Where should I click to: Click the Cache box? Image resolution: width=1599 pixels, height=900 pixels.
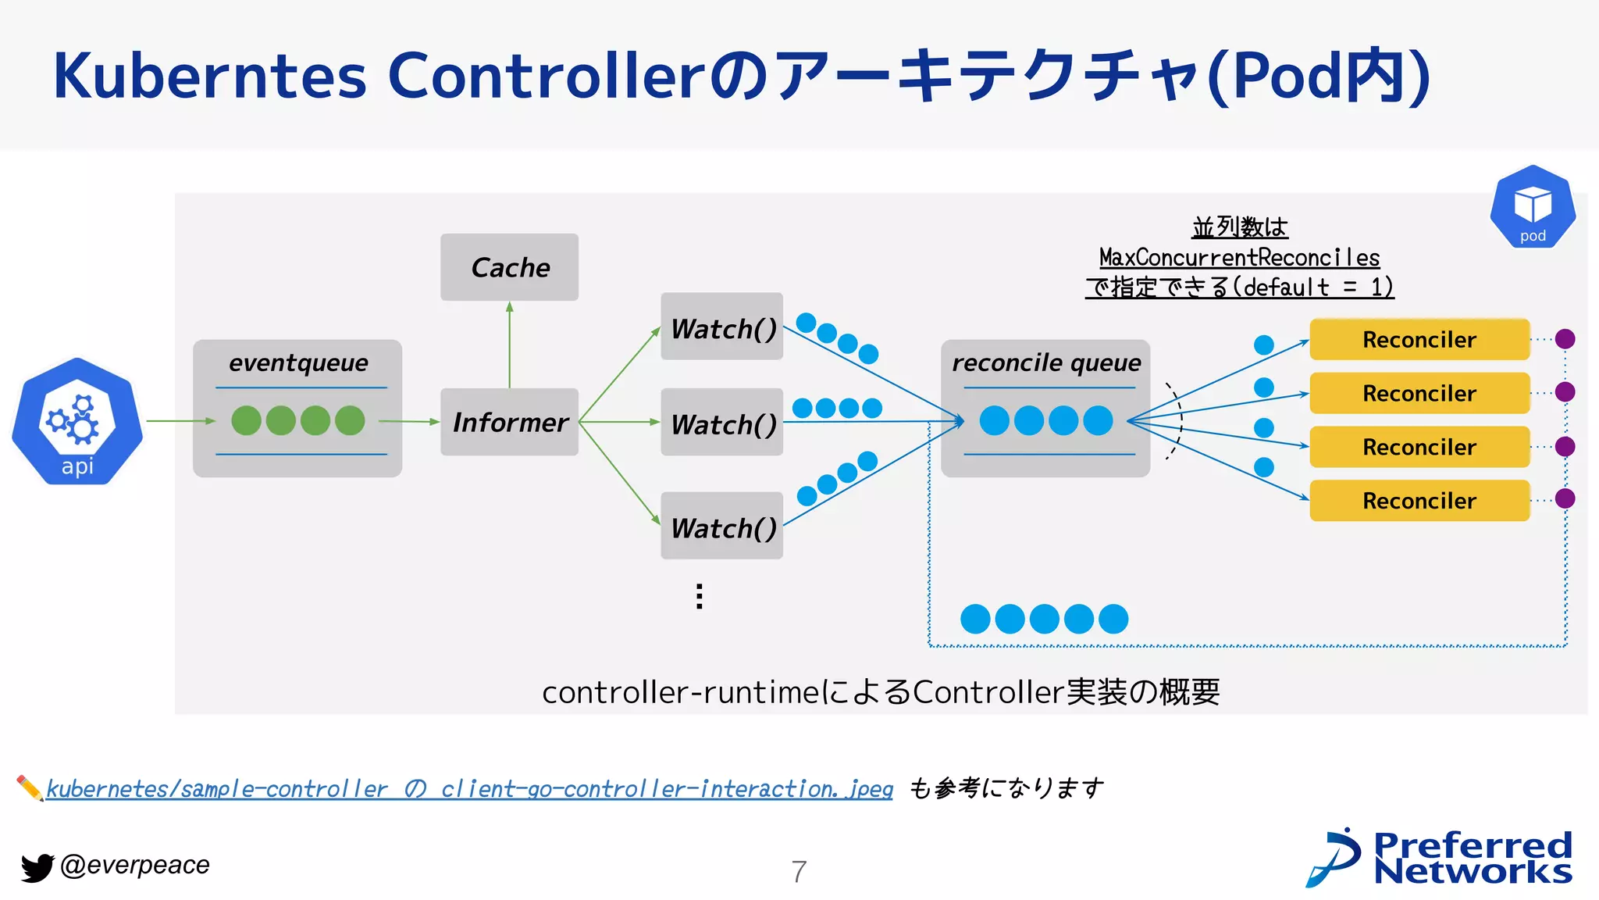tap(510, 267)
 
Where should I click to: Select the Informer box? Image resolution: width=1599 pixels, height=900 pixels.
tap(510, 422)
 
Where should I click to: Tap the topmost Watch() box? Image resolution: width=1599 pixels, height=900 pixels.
tap(722, 327)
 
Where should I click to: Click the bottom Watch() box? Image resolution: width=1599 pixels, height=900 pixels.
tap(722, 527)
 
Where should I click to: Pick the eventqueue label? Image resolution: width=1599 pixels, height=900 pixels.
tap(298, 362)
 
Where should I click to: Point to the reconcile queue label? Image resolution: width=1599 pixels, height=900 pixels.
tap(1046, 362)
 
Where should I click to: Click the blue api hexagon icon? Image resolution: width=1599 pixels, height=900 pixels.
tap(77, 422)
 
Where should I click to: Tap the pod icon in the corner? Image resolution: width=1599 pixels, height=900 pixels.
tap(1532, 208)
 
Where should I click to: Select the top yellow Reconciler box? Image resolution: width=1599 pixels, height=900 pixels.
tap(1419, 340)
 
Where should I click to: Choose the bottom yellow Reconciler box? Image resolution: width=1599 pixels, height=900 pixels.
tap(1419, 501)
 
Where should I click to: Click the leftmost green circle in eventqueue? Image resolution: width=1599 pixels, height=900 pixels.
tap(247, 420)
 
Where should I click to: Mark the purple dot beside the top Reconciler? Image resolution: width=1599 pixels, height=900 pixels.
tap(1565, 339)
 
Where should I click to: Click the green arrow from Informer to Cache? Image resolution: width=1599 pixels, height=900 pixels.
tap(510, 344)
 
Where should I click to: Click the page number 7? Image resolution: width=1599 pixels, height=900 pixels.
tap(799, 871)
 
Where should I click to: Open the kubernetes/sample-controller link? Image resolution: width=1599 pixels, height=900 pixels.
tap(468, 788)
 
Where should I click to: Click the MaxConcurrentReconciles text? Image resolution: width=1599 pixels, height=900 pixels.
tap(1239, 257)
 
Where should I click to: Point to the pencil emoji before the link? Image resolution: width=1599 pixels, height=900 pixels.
tap(30, 787)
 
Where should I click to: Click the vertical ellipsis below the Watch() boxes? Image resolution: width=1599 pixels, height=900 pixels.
tap(700, 596)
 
